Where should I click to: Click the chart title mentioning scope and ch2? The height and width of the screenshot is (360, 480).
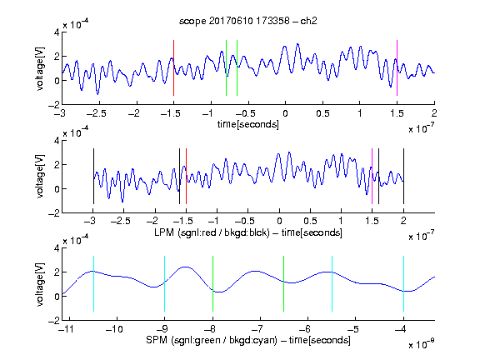(248, 21)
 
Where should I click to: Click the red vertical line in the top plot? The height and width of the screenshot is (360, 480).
(173, 68)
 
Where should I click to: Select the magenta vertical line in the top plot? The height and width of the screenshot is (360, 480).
(397, 68)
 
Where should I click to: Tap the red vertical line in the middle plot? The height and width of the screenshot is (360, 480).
(186, 177)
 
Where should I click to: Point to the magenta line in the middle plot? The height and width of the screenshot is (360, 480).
(372, 177)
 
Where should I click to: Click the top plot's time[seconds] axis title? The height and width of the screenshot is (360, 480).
(248, 124)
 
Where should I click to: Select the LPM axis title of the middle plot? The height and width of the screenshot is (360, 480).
(248, 232)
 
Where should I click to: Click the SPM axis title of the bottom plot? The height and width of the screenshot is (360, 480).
(248, 340)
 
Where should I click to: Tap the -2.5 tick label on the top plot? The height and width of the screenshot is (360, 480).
(96, 113)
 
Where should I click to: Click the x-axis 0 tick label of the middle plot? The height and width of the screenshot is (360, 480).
(279, 221)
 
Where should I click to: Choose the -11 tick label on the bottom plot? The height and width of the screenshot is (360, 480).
(67, 329)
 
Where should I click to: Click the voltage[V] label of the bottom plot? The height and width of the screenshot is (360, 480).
(39, 284)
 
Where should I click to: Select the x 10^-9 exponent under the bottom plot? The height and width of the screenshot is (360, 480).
(422, 343)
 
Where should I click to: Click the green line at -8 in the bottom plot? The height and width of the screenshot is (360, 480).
(212, 284)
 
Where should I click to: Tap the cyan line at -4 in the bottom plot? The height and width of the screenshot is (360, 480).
(403, 284)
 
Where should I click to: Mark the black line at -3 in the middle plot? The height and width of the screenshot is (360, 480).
(93, 177)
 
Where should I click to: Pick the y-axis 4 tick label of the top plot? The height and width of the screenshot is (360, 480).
(57, 32)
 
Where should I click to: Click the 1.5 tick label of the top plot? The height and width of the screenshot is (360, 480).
(397, 113)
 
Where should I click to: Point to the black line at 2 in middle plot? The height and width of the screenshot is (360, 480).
(403, 177)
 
